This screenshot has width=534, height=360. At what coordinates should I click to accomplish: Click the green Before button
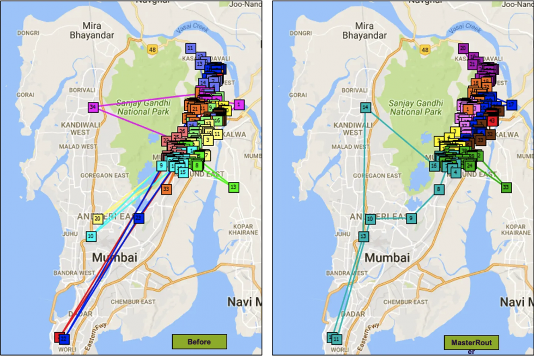click(199, 341)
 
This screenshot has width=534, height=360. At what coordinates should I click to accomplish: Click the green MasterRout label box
click(471, 343)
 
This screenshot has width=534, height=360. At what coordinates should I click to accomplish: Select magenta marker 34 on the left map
click(94, 107)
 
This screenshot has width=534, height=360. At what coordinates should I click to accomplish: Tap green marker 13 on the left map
click(233, 187)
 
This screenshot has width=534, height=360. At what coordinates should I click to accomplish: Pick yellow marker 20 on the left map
click(98, 219)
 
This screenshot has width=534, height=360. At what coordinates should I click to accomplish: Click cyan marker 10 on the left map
click(91, 236)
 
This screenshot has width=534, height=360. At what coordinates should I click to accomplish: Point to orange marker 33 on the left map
click(166, 189)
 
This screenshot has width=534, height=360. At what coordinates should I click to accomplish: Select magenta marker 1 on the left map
click(239, 104)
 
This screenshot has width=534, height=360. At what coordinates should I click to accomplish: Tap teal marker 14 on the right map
click(365, 108)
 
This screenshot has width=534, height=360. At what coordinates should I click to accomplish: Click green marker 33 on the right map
click(506, 187)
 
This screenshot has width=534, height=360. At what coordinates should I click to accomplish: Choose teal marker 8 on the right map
click(439, 190)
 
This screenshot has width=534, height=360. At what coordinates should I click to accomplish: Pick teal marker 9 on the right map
click(411, 218)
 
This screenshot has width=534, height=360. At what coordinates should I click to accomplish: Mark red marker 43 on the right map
click(492, 120)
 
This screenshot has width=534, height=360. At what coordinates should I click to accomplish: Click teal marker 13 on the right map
click(363, 236)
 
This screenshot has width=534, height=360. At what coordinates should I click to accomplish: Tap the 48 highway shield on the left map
click(152, 50)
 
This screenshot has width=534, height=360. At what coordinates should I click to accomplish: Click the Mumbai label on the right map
click(387, 258)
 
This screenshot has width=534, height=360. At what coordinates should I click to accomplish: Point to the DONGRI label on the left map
click(28, 33)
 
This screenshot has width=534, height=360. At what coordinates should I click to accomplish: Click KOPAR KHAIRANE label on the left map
click(243, 229)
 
